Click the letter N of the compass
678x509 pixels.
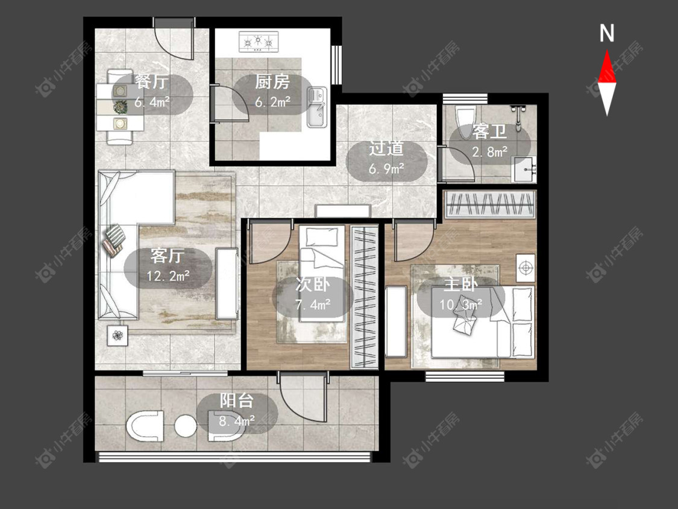tap(607, 33)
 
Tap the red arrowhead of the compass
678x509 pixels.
tap(607, 67)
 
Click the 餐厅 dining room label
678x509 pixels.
tap(151, 81)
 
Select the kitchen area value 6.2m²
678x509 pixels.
tap(272, 102)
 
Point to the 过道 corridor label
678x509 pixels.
tap(386, 148)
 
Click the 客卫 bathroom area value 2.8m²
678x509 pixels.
tap(489, 152)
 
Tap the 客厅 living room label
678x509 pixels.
tap(168, 255)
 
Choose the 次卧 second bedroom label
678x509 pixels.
tap(313, 285)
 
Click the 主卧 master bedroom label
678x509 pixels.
tap(460, 284)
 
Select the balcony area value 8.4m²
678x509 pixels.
tap(236, 421)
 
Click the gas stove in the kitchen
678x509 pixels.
tap(259, 42)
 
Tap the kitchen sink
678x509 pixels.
tap(318, 107)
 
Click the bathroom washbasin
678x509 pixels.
tap(524, 169)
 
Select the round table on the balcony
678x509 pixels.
tap(186, 426)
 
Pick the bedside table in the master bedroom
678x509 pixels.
tap(526, 268)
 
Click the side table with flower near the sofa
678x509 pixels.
tap(118, 335)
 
